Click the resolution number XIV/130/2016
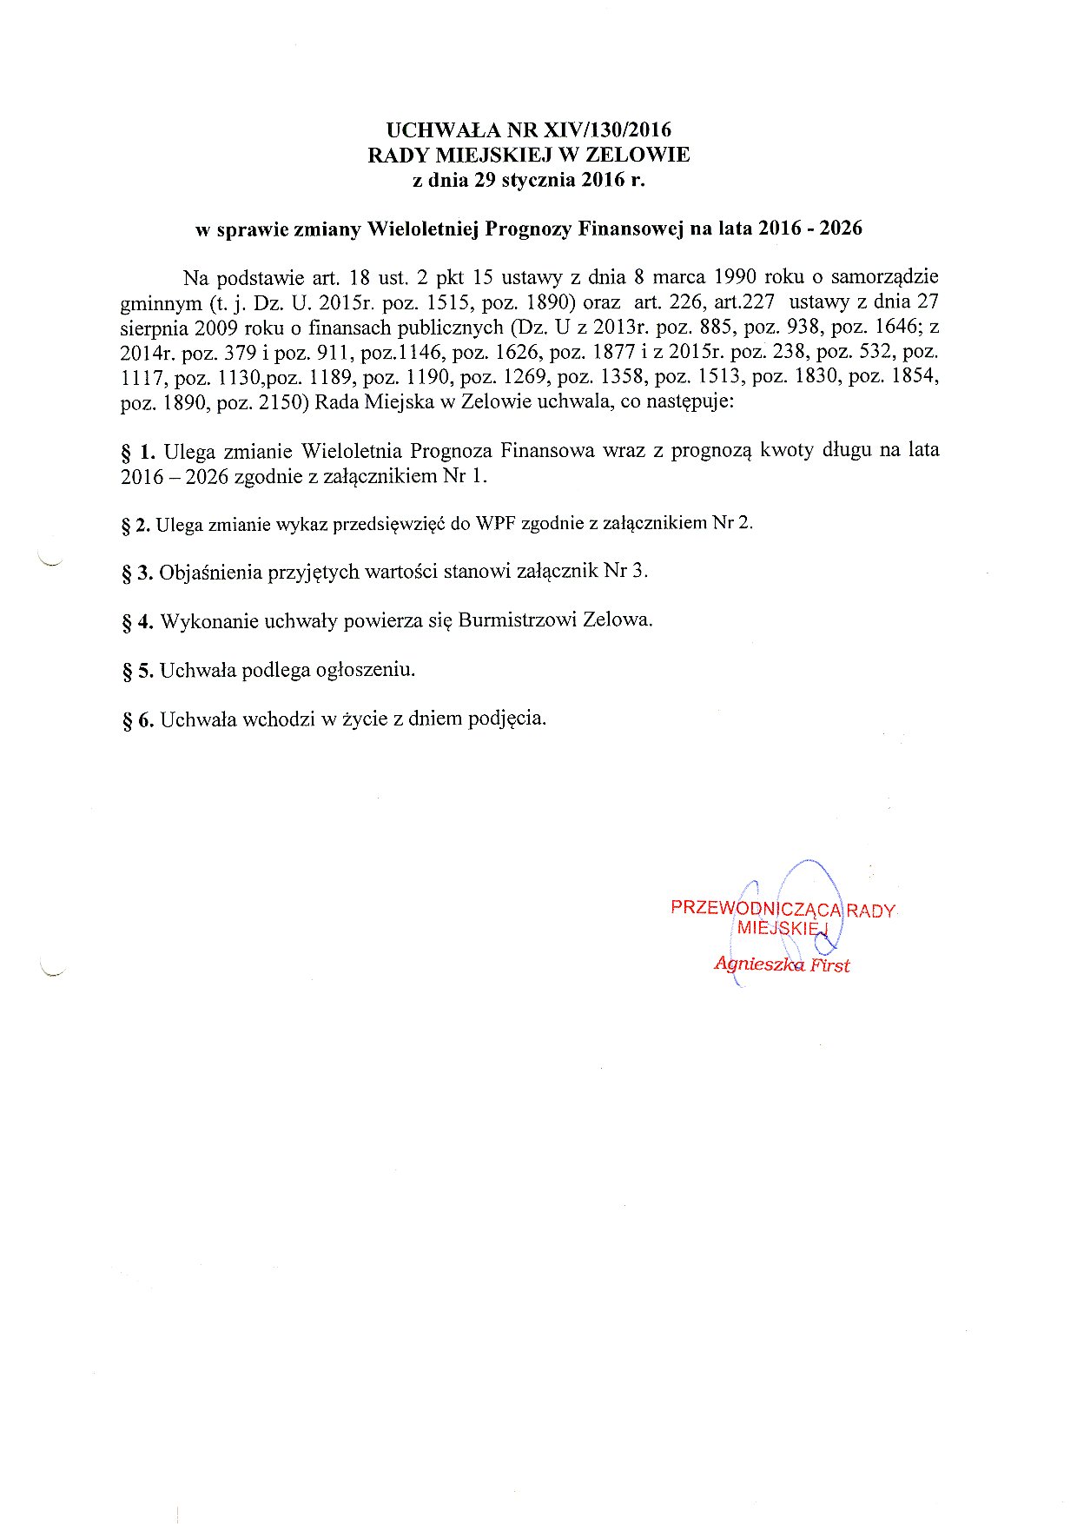coord(607,130)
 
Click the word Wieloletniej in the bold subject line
coord(424,229)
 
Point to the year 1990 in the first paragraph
coord(735,278)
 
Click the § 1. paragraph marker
coord(138,452)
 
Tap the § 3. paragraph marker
coord(137,573)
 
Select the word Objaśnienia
coord(210,572)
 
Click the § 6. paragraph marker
coord(137,720)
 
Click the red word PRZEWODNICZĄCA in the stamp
coord(756,909)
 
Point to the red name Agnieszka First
coord(782,964)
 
